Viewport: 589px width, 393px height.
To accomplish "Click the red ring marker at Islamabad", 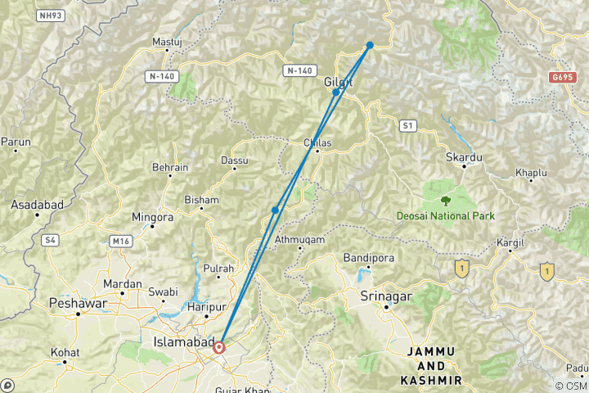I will tap(219, 347).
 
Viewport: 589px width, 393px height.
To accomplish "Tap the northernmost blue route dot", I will tap(370, 45).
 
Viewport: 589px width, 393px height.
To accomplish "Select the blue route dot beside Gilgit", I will tap(335, 92).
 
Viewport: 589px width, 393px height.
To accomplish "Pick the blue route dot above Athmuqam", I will tap(275, 210).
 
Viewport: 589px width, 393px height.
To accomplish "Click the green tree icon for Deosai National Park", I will tap(445, 199).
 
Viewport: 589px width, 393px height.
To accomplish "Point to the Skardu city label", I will tap(463, 156).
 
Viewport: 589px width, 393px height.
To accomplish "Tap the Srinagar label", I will tap(386, 296).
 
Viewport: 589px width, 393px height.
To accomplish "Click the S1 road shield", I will tap(407, 125).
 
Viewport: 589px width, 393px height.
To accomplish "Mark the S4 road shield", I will tap(52, 240).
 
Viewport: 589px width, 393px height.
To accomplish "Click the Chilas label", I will tap(317, 142).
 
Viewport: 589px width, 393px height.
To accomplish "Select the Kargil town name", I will tap(511, 243).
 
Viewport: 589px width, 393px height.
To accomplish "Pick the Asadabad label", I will tap(31, 204).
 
